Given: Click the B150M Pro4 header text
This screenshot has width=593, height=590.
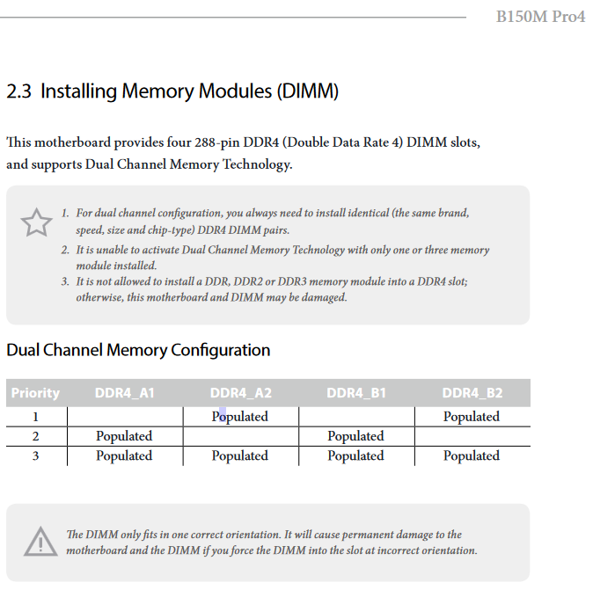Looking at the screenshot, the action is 540,17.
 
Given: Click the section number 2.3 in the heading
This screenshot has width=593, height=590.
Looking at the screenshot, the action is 18,91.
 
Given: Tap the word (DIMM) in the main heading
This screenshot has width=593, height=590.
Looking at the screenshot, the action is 307,91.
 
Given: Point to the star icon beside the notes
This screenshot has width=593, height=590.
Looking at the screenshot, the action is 36,222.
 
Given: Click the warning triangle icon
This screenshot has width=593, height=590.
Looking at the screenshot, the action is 40,542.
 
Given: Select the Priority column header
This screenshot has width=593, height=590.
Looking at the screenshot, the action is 35,393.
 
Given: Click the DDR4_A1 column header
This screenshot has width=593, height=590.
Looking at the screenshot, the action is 125,393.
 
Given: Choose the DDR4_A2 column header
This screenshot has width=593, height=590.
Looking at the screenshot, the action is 241,393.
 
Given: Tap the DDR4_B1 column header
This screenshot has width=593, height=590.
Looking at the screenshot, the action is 356,393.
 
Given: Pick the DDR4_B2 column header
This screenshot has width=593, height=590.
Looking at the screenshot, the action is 472,393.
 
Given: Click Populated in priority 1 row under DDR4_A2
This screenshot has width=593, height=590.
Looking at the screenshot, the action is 240,417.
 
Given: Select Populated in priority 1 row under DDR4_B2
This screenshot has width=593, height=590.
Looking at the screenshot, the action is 472,417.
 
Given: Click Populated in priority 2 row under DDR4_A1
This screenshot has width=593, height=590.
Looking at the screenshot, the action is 124,436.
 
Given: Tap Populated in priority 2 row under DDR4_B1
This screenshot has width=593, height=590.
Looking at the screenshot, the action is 355,436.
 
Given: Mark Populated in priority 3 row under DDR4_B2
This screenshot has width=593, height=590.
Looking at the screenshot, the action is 472,455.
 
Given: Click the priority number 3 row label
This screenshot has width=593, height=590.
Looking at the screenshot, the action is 35,455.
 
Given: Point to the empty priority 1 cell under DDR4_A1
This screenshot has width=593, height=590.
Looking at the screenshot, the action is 125,417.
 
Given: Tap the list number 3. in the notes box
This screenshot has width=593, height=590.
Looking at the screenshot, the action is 65,281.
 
